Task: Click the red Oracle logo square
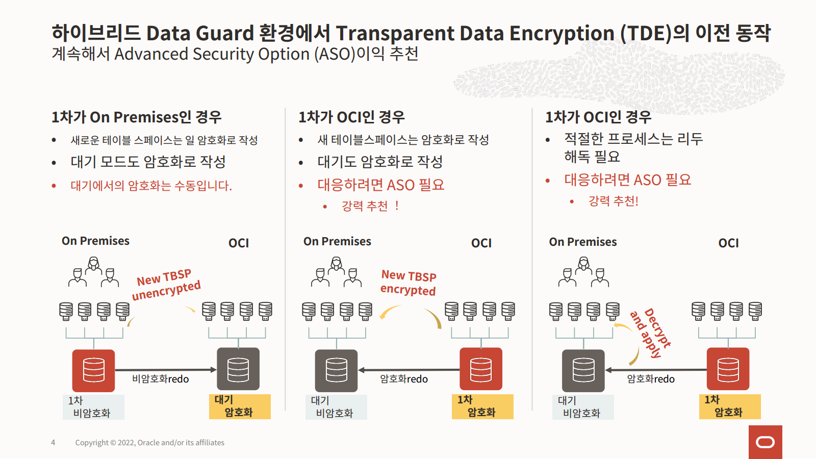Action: tap(765, 442)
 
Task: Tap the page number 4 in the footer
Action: tap(53, 443)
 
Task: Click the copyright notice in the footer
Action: tap(149, 443)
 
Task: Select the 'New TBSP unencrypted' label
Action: tap(166, 285)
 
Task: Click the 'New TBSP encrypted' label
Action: tap(409, 283)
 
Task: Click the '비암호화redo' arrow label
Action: tap(160, 379)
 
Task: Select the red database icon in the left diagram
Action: tap(93, 370)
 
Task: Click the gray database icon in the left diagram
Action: tap(238, 369)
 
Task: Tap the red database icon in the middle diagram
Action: tap(481, 369)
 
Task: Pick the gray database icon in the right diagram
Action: tap(583, 370)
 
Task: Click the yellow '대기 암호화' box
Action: tap(240, 406)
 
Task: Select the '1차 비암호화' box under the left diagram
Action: tap(93, 407)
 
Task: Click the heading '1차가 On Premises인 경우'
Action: tap(137, 117)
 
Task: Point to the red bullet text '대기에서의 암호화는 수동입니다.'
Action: tap(151, 186)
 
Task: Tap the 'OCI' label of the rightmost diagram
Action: tap(728, 243)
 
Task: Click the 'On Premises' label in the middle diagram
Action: tap(337, 242)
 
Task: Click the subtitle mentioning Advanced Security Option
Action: tap(235, 54)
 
